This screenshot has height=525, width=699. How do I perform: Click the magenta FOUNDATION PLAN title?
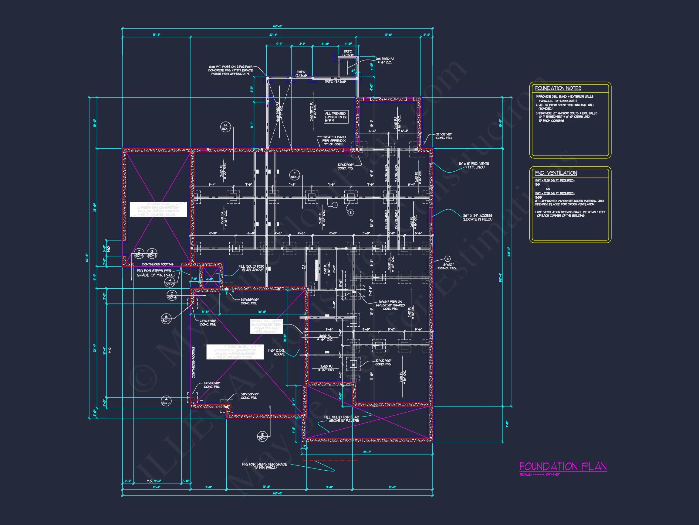[x=563, y=466]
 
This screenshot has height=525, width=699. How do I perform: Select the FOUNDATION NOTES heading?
[x=558, y=88]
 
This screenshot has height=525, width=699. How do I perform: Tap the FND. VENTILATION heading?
[x=555, y=173]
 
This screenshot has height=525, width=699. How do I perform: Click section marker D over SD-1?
[x=225, y=127]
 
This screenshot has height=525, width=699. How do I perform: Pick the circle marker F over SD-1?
[x=295, y=175]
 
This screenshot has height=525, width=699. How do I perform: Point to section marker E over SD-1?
[x=262, y=436]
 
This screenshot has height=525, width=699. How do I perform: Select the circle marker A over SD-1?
[x=166, y=401]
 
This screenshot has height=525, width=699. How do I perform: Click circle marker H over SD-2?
[x=170, y=282]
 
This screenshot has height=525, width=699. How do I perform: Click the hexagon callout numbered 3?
[x=447, y=259]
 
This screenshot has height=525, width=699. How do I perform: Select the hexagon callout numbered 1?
[x=335, y=205]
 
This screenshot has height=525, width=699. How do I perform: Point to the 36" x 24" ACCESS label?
[x=478, y=218]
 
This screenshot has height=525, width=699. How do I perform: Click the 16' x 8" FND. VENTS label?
[x=474, y=165]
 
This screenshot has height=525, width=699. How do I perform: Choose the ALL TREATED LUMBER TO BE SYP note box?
[x=336, y=117]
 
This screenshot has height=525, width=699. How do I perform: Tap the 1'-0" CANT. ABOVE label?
[x=276, y=352]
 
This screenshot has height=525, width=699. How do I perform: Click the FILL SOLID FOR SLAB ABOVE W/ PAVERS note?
[x=341, y=419]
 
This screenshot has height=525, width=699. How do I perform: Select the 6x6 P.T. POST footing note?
[x=230, y=70]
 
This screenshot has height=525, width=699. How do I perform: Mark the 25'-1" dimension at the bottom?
[x=367, y=452]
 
